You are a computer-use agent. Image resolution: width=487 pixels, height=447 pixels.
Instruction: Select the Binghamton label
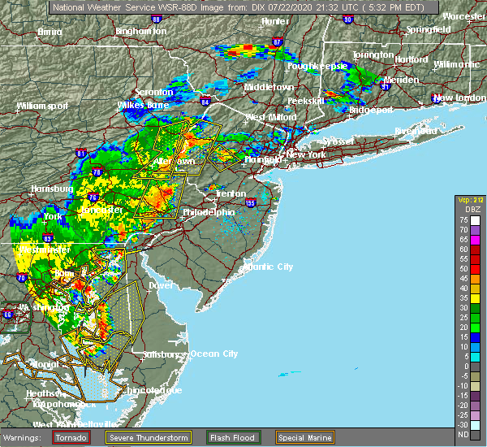click(140, 31)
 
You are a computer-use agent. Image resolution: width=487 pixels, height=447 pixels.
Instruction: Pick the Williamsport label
click(41, 106)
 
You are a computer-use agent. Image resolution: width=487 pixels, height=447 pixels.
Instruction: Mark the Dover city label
click(161, 285)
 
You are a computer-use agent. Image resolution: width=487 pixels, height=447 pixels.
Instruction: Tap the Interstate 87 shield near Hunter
click(278, 41)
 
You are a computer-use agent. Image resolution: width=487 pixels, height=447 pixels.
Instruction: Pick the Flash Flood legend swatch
click(216, 436)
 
